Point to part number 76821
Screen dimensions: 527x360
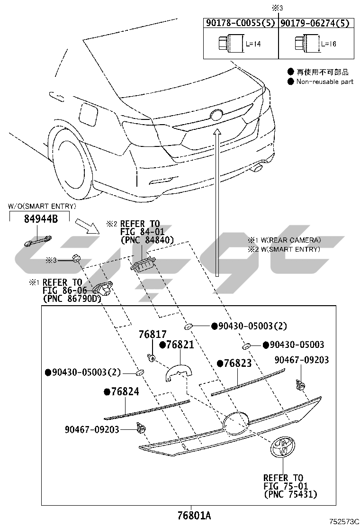tap(180, 345)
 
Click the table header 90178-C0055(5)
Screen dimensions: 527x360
tap(240, 23)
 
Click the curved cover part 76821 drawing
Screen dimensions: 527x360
tap(177, 372)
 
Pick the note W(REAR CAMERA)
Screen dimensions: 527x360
tap(288, 240)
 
